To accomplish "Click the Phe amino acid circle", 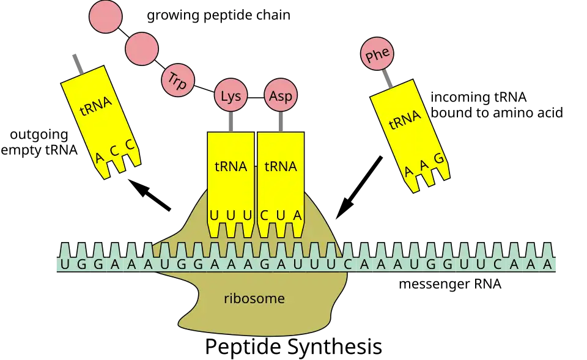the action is point(377,54).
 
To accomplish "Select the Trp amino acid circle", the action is point(178,80).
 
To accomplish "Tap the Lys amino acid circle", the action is point(231,95).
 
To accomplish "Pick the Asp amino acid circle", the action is point(281,95).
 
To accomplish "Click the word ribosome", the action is point(254,298).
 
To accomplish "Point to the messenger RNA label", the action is point(450,284).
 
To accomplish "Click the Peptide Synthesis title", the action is point(293,347).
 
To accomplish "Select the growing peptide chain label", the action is point(219,15).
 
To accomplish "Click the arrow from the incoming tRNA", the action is point(359,188).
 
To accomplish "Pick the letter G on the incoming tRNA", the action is point(439,158).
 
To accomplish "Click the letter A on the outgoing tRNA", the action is point(99,157).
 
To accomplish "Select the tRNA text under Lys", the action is point(231,166).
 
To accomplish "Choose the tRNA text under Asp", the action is point(281,166).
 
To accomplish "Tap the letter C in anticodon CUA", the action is point(264,216).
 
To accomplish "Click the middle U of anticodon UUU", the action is point(231,216).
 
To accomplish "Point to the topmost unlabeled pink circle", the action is point(106,17).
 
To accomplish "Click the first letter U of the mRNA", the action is point(65,265).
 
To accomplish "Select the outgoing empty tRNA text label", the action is point(39,142).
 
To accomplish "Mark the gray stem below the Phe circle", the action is point(387,79).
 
